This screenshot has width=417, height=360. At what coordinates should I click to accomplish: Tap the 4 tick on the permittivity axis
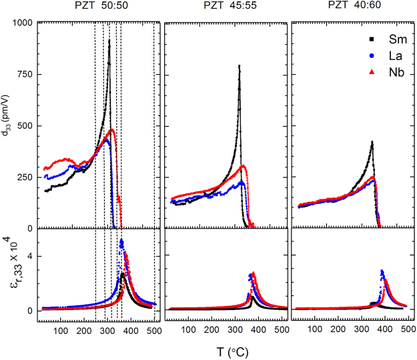point(30,257)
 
